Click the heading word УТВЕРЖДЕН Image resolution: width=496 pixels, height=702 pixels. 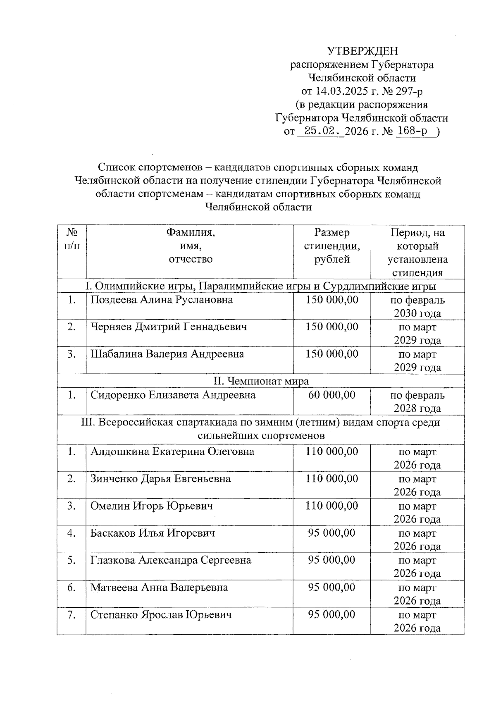pyautogui.click(x=362, y=51)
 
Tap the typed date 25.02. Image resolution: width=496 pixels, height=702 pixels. pyautogui.click(x=321, y=131)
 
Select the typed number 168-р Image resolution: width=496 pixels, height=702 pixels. pyautogui.click(x=412, y=131)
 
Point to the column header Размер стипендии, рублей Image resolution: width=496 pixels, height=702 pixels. pyautogui.click(x=331, y=246)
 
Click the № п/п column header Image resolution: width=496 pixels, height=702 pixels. pyautogui.click(x=72, y=239)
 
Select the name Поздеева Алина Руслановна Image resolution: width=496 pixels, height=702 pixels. pyautogui.click(x=162, y=300)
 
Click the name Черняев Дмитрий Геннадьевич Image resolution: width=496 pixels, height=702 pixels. pyautogui.click(x=169, y=327)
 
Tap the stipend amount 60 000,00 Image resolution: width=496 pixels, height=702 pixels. pyautogui.click(x=331, y=395)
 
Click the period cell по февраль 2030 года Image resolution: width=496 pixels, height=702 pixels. pyautogui.click(x=417, y=307)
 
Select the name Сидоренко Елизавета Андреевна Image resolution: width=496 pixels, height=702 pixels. pyautogui.click(x=173, y=395)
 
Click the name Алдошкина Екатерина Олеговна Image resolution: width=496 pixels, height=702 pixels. pyautogui.click(x=172, y=451)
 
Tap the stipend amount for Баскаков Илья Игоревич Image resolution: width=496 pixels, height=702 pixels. pyautogui.click(x=331, y=533)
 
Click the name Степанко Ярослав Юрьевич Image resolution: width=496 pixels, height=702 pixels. pyautogui.click(x=161, y=615)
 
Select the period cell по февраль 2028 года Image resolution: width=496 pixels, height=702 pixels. pyautogui.click(x=417, y=402)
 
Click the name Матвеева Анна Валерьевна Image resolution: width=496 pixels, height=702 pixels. pyautogui.click(x=159, y=587)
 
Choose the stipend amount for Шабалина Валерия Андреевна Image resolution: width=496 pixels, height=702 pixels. pyautogui.click(x=331, y=354)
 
